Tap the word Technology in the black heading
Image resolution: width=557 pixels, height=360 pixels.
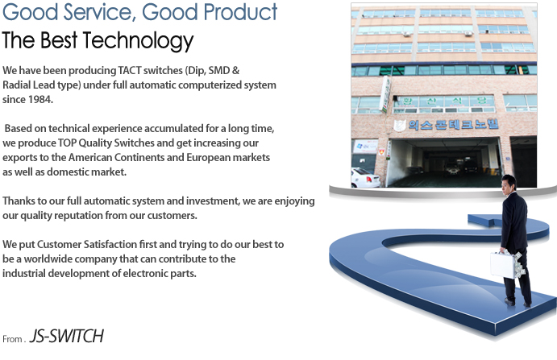tap(138, 40)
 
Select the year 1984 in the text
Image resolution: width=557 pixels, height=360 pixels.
tap(40, 99)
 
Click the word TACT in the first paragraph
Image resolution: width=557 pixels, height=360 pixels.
tap(130, 70)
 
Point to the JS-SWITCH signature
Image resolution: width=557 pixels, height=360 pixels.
tap(66, 336)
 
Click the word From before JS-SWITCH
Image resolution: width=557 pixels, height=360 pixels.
tap(12, 339)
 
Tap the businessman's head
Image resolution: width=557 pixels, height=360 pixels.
tap(509, 184)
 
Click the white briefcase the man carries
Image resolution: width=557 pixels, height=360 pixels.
tap(505, 265)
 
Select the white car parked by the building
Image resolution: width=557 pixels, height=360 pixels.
tap(365, 177)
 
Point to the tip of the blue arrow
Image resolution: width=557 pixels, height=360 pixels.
tap(468, 218)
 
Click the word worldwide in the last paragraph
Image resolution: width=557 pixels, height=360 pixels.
tap(48, 259)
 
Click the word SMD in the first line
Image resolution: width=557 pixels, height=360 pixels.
tap(218, 70)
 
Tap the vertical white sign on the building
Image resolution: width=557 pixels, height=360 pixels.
tap(384, 94)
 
